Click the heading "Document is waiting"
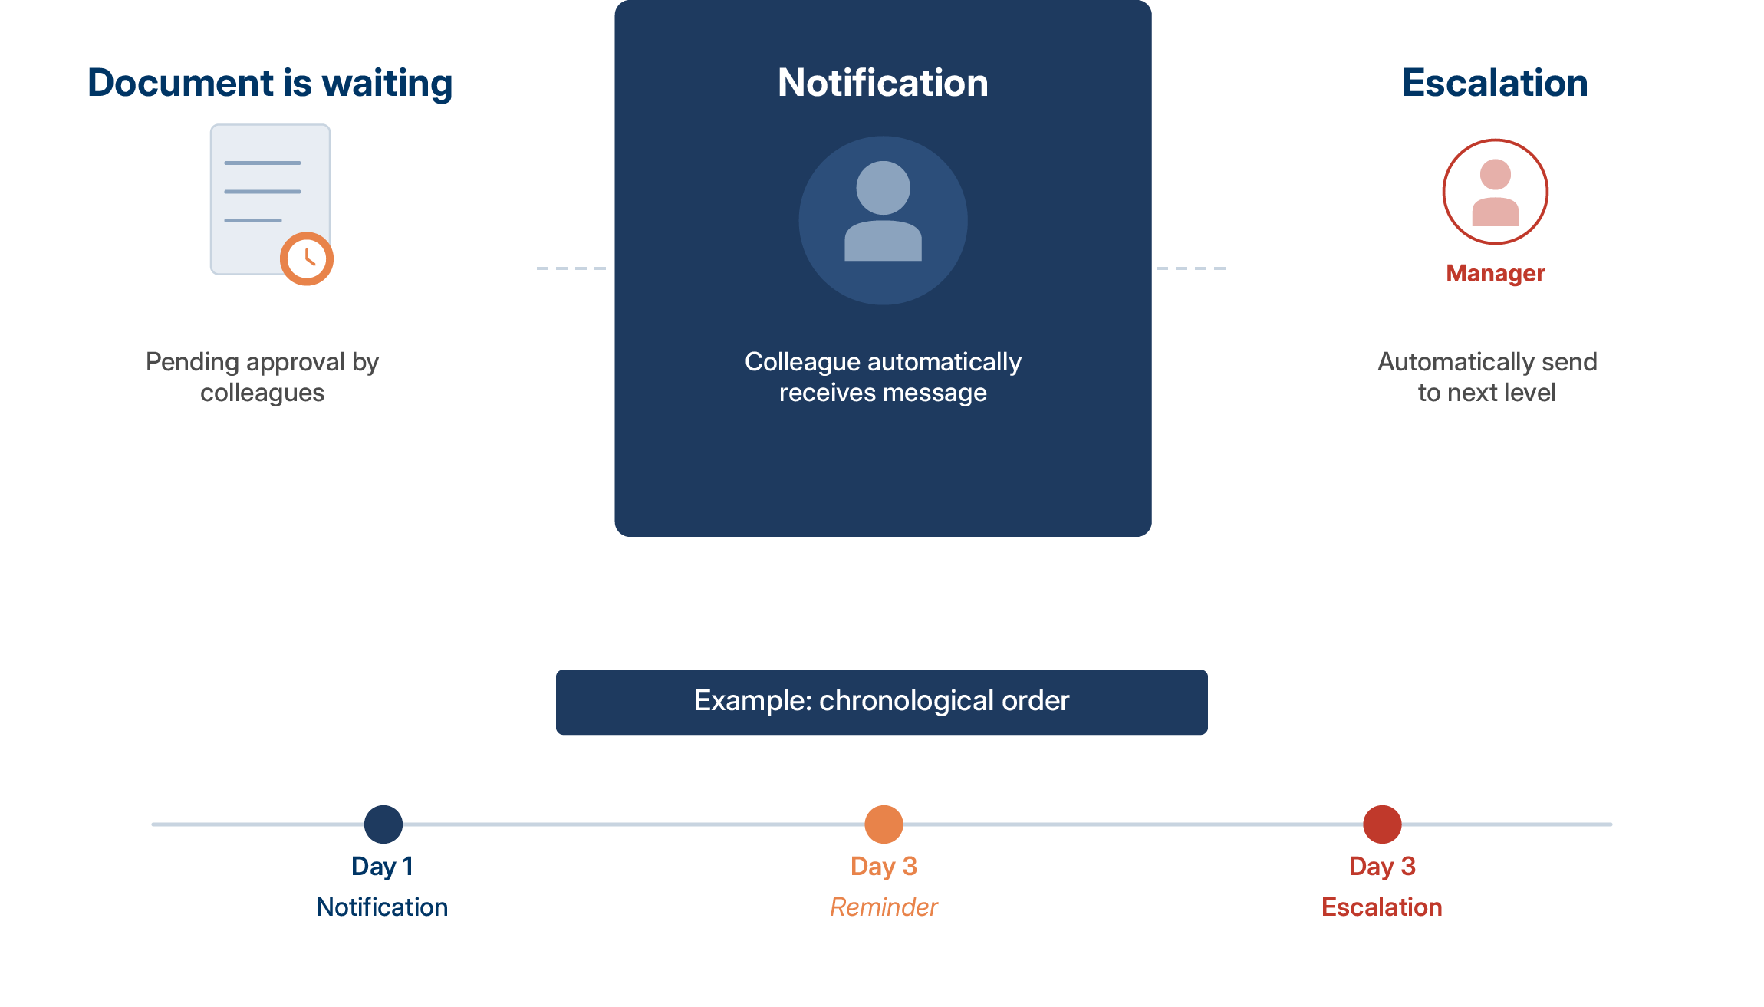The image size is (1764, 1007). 270,83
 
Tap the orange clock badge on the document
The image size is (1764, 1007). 307,258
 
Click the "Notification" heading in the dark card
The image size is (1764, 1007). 883,83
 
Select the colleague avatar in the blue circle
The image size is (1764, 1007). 883,220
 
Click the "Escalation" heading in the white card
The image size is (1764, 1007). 1495,83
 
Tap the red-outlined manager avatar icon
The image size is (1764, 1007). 1495,192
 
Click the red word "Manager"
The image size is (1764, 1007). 1495,273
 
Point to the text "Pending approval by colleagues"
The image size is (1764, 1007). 262,377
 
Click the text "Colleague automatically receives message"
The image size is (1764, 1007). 883,377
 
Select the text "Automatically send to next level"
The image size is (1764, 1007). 1487,377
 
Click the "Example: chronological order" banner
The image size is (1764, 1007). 882,702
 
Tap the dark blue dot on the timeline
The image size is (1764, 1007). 383,824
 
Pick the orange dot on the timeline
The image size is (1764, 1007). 884,824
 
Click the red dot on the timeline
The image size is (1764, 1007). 1382,824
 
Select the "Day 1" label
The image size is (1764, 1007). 383,866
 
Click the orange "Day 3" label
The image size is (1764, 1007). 884,866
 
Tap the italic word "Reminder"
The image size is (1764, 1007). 884,907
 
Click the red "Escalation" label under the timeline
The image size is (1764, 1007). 1381,907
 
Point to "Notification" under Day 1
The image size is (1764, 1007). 382,907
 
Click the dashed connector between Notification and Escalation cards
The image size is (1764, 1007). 1190,268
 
